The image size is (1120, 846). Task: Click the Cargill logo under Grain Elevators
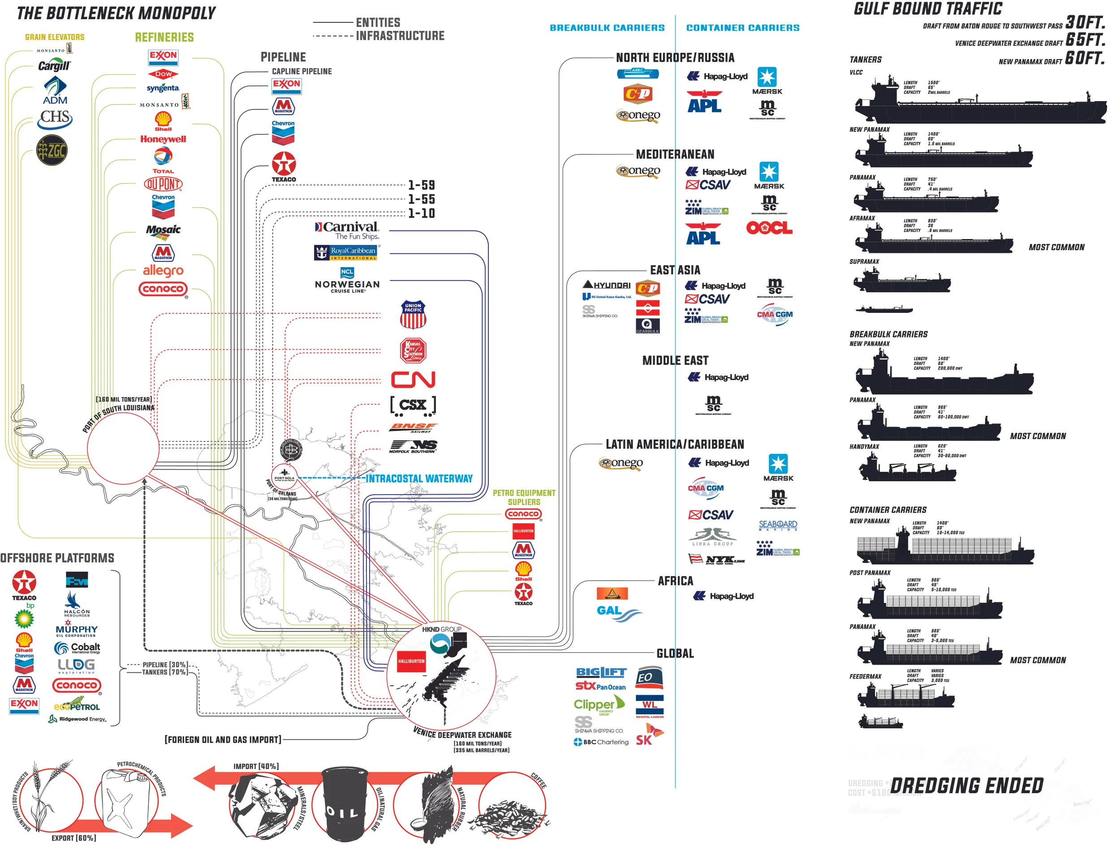[x=54, y=66]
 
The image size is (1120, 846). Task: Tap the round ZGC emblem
[x=52, y=150]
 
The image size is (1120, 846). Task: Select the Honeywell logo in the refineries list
[x=163, y=139]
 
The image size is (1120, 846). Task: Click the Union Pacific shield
[x=413, y=315]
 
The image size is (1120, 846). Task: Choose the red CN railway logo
[x=413, y=380]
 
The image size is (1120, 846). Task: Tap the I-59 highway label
[x=421, y=185]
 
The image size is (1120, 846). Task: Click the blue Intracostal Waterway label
[x=419, y=479]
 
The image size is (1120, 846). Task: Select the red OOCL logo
[x=769, y=228]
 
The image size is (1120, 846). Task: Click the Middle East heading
[x=675, y=361]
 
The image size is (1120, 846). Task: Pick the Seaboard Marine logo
[x=778, y=525]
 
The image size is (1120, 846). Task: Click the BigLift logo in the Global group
[x=601, y=672]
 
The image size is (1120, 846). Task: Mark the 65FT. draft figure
[x=1085, y=39]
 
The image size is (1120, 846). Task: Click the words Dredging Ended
[x=967, y=786]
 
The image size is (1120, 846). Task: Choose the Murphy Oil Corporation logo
[x=77, y=630]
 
